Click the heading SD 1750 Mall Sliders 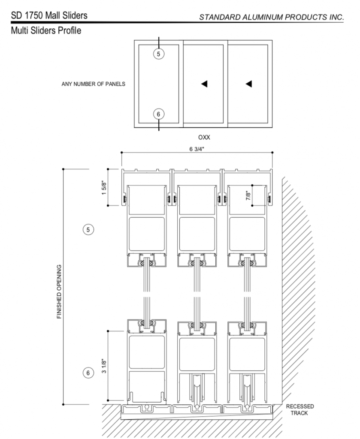click(49, 15)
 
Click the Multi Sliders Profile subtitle click(46, 30)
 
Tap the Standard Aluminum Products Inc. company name click(272, 17)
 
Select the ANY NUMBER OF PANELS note click(93, 84)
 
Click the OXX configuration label click(204, 137)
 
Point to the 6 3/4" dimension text click(197, 149)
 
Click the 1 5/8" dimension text click(104, 188)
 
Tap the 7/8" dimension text click(248, 195)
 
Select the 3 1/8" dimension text click(104, 366)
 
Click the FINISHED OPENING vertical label click(59, 292)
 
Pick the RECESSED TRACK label click(300, 409)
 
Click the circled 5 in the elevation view click(159, 54)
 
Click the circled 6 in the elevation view click(159, 114)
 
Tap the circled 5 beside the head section click(88, 230)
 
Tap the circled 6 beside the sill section click(88, 373)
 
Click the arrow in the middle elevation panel click(204, 84)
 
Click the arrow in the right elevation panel click(249, 84)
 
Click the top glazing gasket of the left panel click(146, 263)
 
